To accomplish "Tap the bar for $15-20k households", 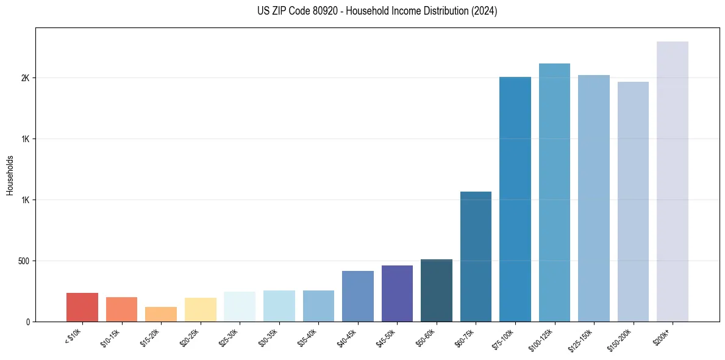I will tap(161, 314).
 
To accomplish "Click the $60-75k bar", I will tap(476, 256).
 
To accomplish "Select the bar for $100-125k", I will tap(554, 192).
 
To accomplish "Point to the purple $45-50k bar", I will tap(397, 293).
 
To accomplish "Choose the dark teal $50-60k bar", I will tap(437, 290).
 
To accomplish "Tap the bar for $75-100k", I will tap(515, 199).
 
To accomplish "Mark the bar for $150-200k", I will tap(633, 201).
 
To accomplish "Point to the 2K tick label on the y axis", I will tap(25, 78).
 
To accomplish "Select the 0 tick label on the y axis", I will tap(27, 322).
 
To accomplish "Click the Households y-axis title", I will tap(10, 175).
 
